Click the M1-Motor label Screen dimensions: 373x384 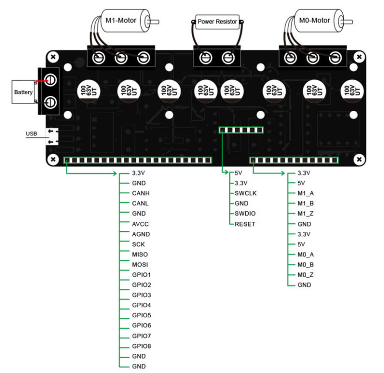click(x=121, y=21)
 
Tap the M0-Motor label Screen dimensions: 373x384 click(x=314, y=21)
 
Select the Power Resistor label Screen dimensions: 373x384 click(x=218, y=22)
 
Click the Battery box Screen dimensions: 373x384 click(x=24, y=92)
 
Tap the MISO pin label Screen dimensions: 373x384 click(x=140, y=254)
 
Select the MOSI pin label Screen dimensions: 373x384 click(x=140, y=265)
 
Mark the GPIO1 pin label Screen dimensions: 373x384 click(x=142, y=275)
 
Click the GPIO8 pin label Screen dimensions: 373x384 click(x=142, y=346)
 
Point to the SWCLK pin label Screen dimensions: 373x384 click(x=246, y=193)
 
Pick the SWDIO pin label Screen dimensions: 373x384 click(x=245, y=214)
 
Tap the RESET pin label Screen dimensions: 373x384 click(x=245, y=224)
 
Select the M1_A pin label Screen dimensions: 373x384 click(x=305, y=193)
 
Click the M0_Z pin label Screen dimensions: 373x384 click(x=305, y=275)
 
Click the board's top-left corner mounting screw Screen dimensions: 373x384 click(x=54, y=57)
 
